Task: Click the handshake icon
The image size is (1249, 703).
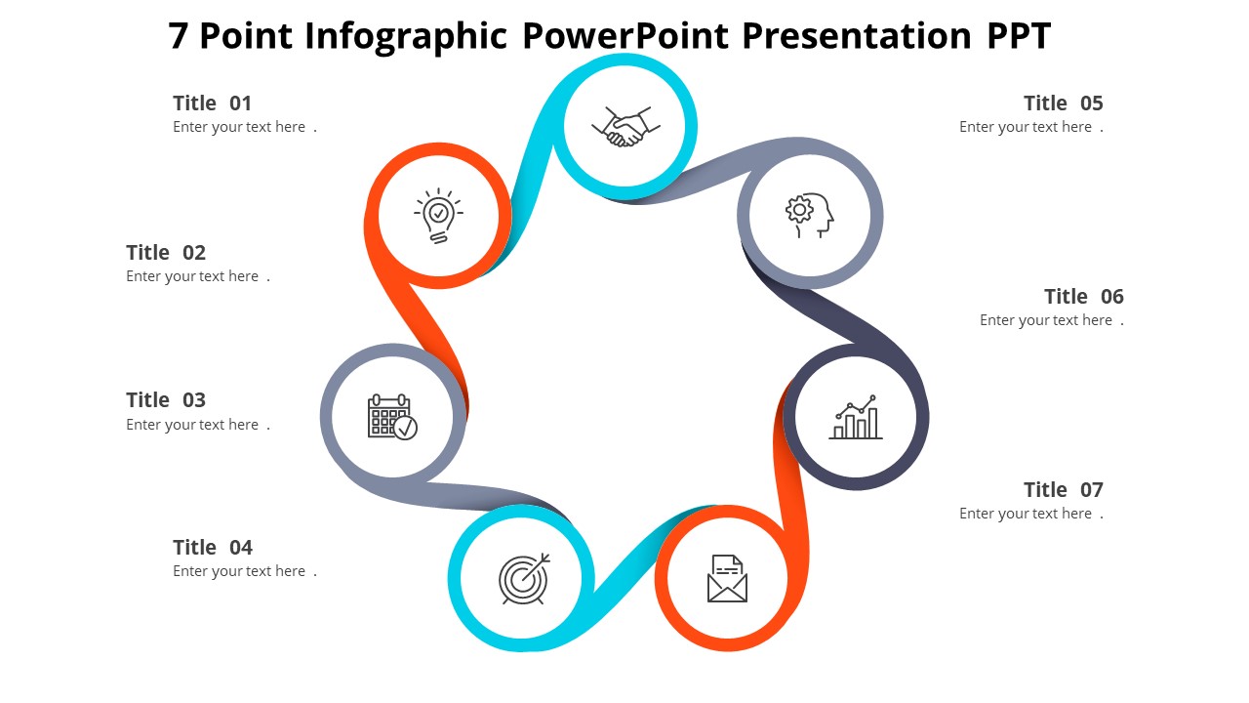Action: (625, 127)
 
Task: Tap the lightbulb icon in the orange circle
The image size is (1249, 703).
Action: (439, 215)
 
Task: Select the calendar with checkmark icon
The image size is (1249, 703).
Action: (392, 417)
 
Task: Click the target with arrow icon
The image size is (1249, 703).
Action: (524, 579)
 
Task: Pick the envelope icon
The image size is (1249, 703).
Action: (727, 578)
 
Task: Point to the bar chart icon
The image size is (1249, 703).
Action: (856, 418)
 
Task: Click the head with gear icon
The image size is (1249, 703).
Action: (810, 215)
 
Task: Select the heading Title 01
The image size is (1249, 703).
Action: (212, 103)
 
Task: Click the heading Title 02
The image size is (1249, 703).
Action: (166, 253)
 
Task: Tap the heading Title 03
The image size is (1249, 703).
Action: (166, 400)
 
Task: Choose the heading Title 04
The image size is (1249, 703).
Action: (212, 548)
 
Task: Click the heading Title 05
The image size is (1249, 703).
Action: (1063, 103)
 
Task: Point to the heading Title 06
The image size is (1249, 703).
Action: (1083, 297)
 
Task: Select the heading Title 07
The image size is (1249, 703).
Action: (1063, 490)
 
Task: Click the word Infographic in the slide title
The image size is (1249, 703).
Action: (406, 36)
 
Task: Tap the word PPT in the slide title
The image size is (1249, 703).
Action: (1018, 36)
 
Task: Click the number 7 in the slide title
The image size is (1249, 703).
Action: (179, 36)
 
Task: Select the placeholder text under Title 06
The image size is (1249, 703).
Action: (1051, 320)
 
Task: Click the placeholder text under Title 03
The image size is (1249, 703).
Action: (197, 425)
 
